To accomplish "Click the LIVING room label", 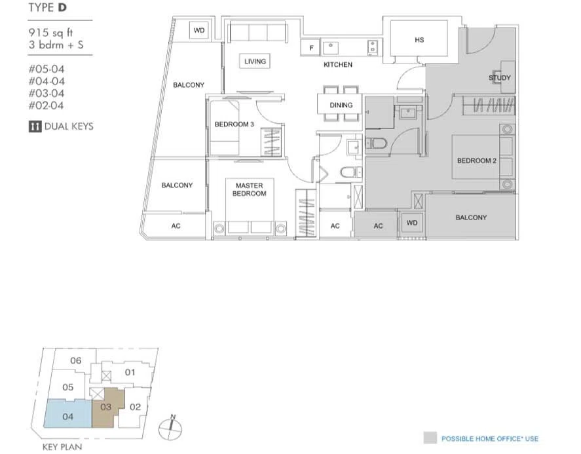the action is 255,61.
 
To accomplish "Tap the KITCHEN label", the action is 338,64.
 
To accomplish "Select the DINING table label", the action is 341,105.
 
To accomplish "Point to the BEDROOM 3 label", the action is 234,124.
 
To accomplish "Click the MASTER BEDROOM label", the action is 250,189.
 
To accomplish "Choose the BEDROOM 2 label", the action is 476,161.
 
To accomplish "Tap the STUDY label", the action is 500,78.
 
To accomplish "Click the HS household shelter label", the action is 419,40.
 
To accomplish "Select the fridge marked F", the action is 311,48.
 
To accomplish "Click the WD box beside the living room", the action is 199,30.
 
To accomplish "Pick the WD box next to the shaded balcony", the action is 411,223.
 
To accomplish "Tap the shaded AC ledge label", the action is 378,226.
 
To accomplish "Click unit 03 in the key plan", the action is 106,407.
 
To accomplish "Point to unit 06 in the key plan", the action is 75,360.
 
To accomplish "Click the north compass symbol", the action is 170,427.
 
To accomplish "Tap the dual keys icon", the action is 35,126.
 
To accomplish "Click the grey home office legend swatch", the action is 430,438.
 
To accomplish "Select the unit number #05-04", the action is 47,69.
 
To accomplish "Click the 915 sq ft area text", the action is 50,33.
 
